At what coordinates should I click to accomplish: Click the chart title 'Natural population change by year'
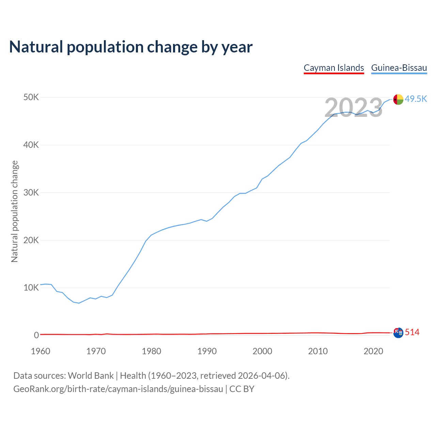pyautogui.click(x=131, y=47)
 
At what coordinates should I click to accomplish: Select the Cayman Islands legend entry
pyautogui.click(x=334, y=68)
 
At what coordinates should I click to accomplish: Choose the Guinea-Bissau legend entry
pyautogui.click(x=399, y=68)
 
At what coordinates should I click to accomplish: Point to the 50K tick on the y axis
pyautogui.click(x=31, y=97)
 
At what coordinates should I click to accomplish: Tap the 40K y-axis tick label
pyautogui.click(x=31, y=145)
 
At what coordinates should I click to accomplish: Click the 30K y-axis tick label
pyautogui.click(x=31, y=193)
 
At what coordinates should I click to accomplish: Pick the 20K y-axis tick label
pyautogui.click(x=31, y=240)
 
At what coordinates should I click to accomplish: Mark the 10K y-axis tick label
pyautogui.click(x=31, y=288)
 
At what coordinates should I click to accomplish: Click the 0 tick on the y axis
pyautogui.click(x=36, y=336)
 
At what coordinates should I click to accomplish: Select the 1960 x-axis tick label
pyautogui.click(x=41, y=351)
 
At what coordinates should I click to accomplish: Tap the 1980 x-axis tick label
pyautogui.click(x=152, y=351)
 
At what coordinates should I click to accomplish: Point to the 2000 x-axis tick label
pyautogui.click(x=262, y=351)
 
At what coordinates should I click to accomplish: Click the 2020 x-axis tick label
pyautogui.click(x=373, y=351)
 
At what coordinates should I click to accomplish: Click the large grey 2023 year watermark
pyautogui.click(x=354, y=108)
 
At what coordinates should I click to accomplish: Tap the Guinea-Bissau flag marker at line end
pyautogui.click(x=398, y=99)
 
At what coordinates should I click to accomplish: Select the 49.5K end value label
pyautogui.click(x=416, y=99)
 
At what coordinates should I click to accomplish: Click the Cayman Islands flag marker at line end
pyautogui.click(x=398, y=333)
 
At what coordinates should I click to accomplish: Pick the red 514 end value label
pyautogui.click(x=412, y=332)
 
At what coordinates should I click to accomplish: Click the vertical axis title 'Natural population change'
pyautogui.click(x=15, y=212)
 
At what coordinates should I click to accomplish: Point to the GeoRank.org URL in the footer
pyautogui.click(x=118, y=389)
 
